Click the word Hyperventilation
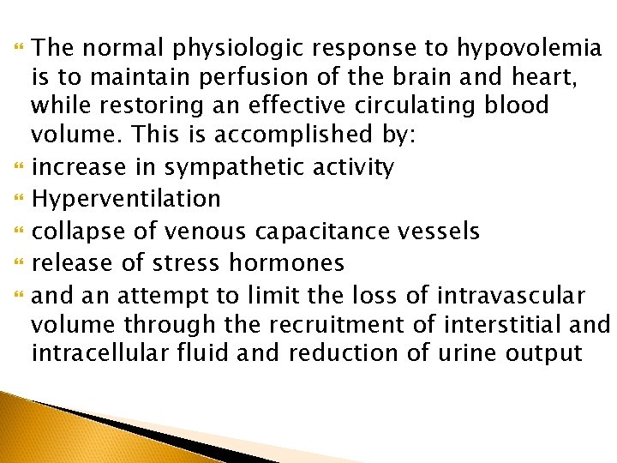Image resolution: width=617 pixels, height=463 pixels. coord(126,199)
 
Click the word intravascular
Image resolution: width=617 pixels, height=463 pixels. coord(511,297)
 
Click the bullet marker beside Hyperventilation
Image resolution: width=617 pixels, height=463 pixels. coord(19,199)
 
